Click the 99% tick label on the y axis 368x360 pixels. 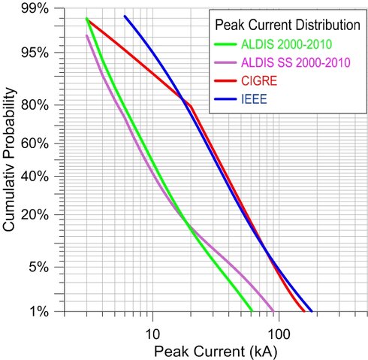[x=35, y=9]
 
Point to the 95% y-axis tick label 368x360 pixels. [x=35, y=53]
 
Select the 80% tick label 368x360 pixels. [x=35, y=104]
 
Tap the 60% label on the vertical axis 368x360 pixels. [x=35, y=143]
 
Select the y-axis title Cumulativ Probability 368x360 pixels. [x=11, y=159]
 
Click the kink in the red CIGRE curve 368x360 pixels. [x=189, y=105]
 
